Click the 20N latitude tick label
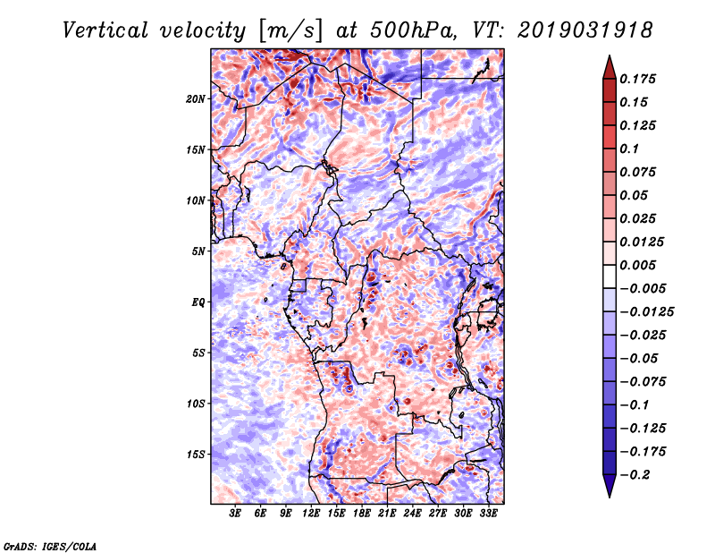click(196, 99)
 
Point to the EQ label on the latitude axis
click(198, 302)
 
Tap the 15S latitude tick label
click(196, 455)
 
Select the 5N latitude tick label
click(198, 251)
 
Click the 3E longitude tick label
click(235, 513)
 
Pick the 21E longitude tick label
click(387, 513)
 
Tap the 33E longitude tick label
click(488, 513)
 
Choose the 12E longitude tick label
click(311, 513)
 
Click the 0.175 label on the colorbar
click(637, 79)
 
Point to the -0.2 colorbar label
click(635, 475)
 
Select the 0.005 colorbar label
click(637, 265)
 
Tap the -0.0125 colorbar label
click(646, 312)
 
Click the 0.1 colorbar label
click(629, 149)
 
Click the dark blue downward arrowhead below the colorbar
click(610, 486)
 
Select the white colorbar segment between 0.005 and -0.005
click(610, 276)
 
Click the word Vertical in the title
click(105, 30)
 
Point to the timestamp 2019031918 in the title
click(585, 30)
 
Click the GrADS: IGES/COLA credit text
click(50, 547)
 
